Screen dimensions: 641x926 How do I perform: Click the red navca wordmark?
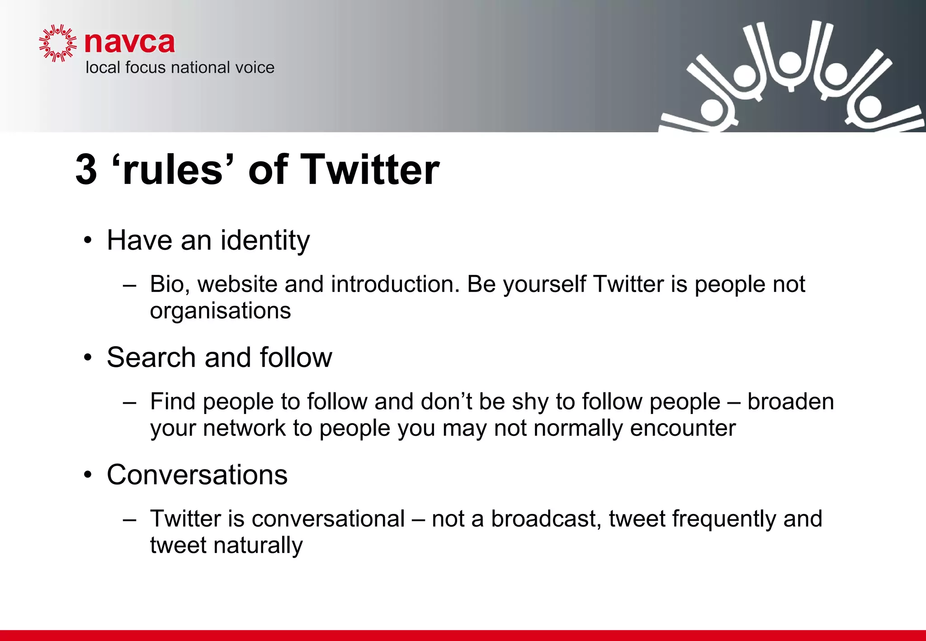pos(129,43)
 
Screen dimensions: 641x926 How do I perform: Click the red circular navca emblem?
pos(58,43)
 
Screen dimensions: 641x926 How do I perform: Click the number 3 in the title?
pos(86,170)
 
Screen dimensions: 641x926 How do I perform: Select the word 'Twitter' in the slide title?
pos(369,170)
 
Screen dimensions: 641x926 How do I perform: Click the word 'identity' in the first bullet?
pos(265,240)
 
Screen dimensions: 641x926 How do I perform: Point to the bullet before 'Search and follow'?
pos(88,358)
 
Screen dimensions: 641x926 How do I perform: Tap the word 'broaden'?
pos(790,401)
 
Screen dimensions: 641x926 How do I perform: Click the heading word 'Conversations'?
pos(197,475)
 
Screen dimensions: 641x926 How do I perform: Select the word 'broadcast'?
pos(546,518)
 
